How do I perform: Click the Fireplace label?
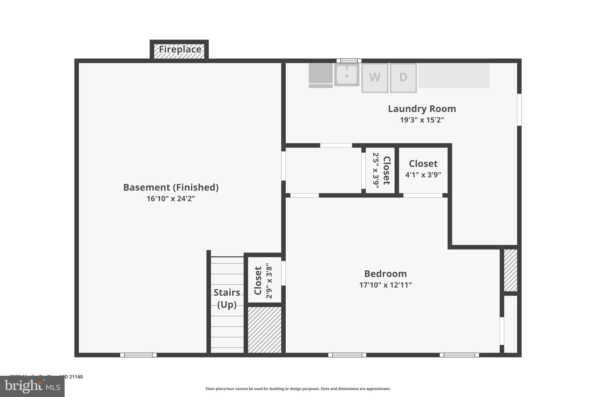pos(180,49)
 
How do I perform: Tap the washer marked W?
pos(375,77)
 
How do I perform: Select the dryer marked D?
pos(403,77)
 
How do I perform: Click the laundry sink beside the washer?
pos(347,75)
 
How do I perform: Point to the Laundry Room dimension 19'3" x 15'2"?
pos(422,120)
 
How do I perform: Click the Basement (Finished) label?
pos(171,187)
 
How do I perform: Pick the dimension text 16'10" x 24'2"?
pos(171,199)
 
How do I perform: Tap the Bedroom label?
pos(385,274)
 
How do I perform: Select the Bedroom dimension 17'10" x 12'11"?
pos(385,285)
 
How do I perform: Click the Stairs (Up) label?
pos(227,298)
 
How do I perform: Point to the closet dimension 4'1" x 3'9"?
pos(423,175)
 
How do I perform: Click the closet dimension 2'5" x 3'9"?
pos(376,170)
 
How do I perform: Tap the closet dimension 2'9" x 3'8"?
pos(269,281)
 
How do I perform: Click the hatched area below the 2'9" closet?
pos(265,330)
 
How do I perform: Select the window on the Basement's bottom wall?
pos(139,355)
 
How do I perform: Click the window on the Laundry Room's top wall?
pos(349,61)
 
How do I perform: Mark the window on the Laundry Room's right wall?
pos(519,110)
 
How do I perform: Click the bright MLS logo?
pos(32,387)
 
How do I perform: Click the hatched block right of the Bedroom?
pos(510,270)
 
